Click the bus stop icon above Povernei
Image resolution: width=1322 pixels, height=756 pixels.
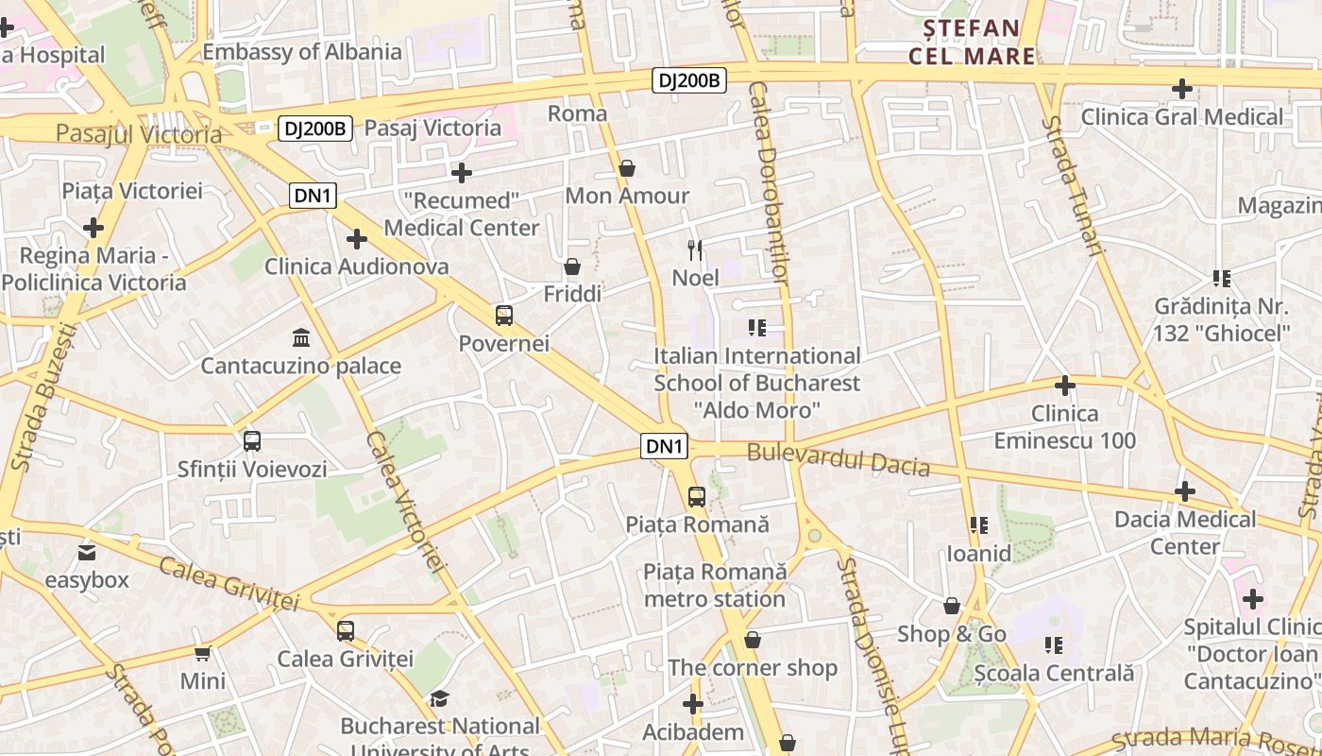(x=504, y=316)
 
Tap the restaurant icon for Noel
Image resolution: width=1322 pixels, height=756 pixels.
(x=696, y=250)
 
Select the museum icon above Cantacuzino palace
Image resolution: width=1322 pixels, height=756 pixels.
(x=301, y=337)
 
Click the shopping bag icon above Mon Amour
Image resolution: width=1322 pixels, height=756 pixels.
(x=627, y=168)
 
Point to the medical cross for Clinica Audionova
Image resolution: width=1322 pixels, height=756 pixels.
(x=357, y=239)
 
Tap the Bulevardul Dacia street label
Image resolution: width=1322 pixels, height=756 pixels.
(x=839, y=459)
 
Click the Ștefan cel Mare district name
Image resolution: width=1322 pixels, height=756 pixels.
(x=972, y=42)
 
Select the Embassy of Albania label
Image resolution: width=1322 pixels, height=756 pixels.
(x=302, y=52)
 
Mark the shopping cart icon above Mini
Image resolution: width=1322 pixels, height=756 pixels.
(x=203, y=653)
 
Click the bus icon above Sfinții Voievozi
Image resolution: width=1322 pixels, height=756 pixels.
(x=252, y=440)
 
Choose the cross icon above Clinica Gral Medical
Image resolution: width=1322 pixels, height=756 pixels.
(x=1181, y=89)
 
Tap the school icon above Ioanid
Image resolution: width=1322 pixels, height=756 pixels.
(x=979, y=524)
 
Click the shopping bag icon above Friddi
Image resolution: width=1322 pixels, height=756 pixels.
(x=572, y=266)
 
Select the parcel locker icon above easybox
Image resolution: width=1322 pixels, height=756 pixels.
(x=87, y=552)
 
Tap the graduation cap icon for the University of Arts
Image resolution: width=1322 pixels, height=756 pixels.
(x=439, y=698)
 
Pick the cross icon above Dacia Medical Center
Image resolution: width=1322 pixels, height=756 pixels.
(x=1185, y=491)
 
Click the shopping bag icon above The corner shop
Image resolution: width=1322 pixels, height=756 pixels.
(x=753, y=640)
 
